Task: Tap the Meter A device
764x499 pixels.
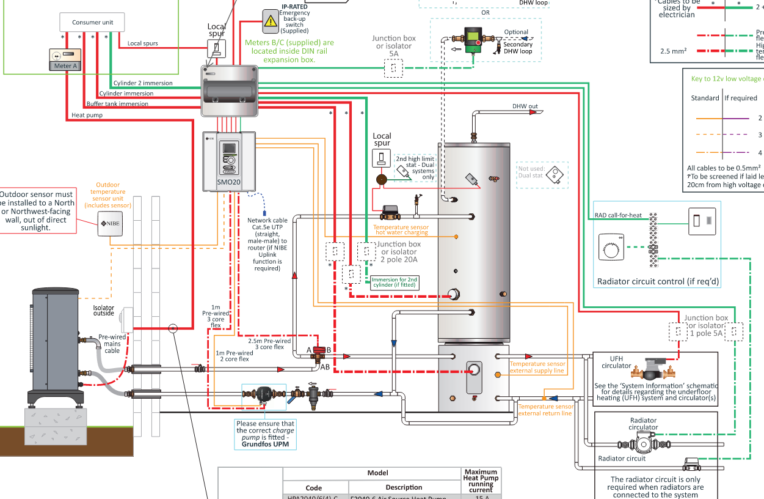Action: click(x=65, y=60)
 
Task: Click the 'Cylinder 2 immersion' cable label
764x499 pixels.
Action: click(x=143, y=83)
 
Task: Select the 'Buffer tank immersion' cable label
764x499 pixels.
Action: click(x=117, y=104)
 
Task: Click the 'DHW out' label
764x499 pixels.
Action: click(x=525, y=106)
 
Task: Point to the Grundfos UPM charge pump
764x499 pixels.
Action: click(x=264, y=395)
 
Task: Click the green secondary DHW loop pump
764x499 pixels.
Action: click(x=472, y=40)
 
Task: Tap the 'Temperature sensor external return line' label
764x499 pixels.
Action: click(x=545, y=410)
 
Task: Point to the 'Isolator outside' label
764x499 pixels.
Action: click(x=103, y=311)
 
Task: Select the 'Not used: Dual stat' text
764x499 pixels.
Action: click(x=531, y=172)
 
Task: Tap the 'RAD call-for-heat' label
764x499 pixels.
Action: click(x=618, y=215)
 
